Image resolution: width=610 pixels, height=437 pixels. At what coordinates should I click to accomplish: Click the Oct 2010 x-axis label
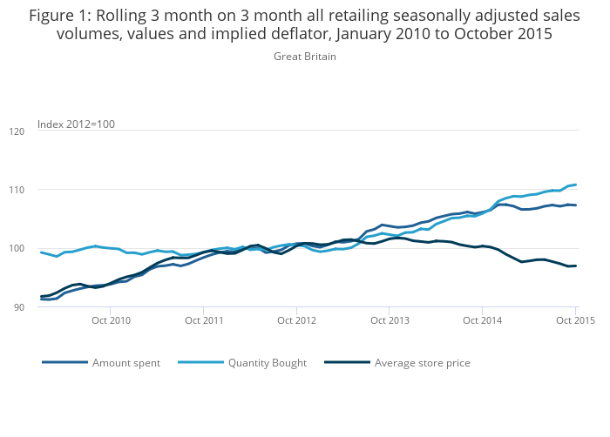click(x=111, y=320)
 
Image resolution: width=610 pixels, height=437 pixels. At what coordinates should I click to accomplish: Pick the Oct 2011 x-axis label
click(x=204, y=320)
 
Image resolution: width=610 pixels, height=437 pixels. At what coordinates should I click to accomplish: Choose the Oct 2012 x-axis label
click(x=297, y=320)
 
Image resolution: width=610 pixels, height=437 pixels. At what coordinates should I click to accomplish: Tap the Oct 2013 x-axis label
click(x=390, y=320)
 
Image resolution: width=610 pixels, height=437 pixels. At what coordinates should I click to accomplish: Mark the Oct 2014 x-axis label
click(x=483, y=320)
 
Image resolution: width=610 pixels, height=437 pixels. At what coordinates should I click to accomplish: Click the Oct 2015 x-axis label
click(x=575, y=320)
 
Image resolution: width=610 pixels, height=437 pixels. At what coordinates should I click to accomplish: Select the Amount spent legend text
click(x=126, y=363)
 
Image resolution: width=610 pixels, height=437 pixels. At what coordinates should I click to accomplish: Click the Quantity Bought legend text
click(x=267, y=363)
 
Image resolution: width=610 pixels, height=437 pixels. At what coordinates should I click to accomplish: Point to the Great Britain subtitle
click(x=305, y=57)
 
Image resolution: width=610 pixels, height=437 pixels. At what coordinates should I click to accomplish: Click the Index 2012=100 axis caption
click(x=76, y=124)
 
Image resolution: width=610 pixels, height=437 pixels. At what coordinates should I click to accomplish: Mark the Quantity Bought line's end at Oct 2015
click(x=576, y=185)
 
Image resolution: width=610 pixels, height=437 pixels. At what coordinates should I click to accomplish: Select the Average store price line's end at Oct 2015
click(x=576, y=266)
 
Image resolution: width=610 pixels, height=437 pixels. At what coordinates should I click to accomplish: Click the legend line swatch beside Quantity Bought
click(x=200, y=363)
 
